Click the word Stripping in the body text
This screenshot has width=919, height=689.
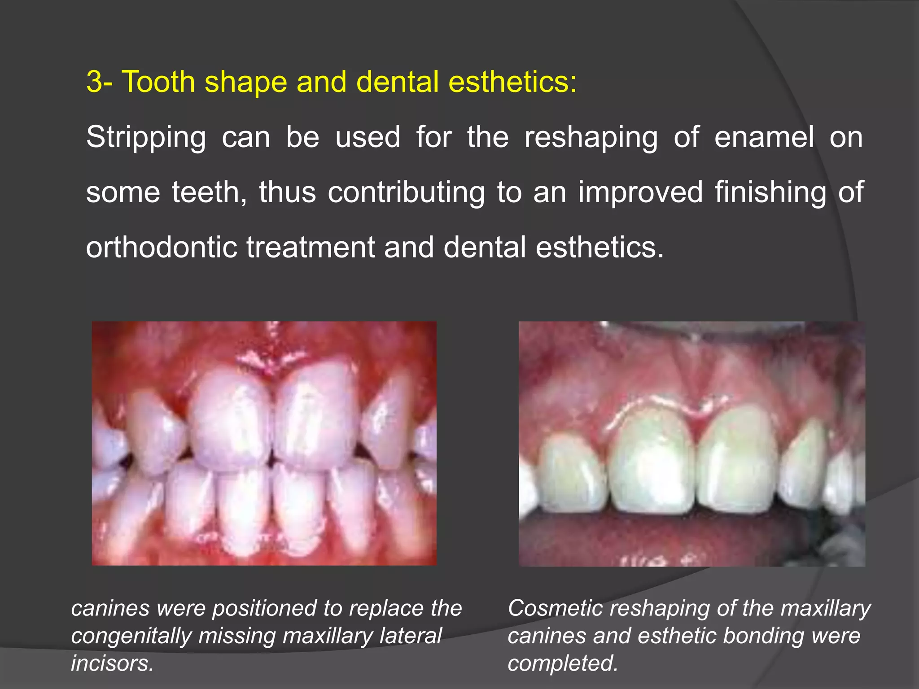pyautogui.click(x=146, y=138)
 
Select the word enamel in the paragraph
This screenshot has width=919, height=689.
pyautogui.click(x=763, y=137)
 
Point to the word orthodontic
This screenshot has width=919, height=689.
pyautogui.click(x=161, y=247)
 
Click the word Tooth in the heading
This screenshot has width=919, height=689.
pyautogui.click(x=158, y=82)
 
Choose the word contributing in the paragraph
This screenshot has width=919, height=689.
pyautogui.click(x=406, y=192)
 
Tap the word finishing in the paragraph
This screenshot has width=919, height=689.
pyautogui.click(x=770, y=192)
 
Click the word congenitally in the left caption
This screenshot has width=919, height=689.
pyautogui.click(x=128, y=636)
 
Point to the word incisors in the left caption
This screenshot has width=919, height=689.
pyautogui.click(x=112, y=663)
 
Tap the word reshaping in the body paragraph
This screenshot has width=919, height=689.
pyautogui.click(x=591, y=138)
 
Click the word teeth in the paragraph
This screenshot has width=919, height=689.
pyautogui.click(x=209, y=192)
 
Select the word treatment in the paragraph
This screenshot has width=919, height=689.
pyautogui.click(x=310, y=247)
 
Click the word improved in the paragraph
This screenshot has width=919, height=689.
pyautogui.click(x=640, y=192)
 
